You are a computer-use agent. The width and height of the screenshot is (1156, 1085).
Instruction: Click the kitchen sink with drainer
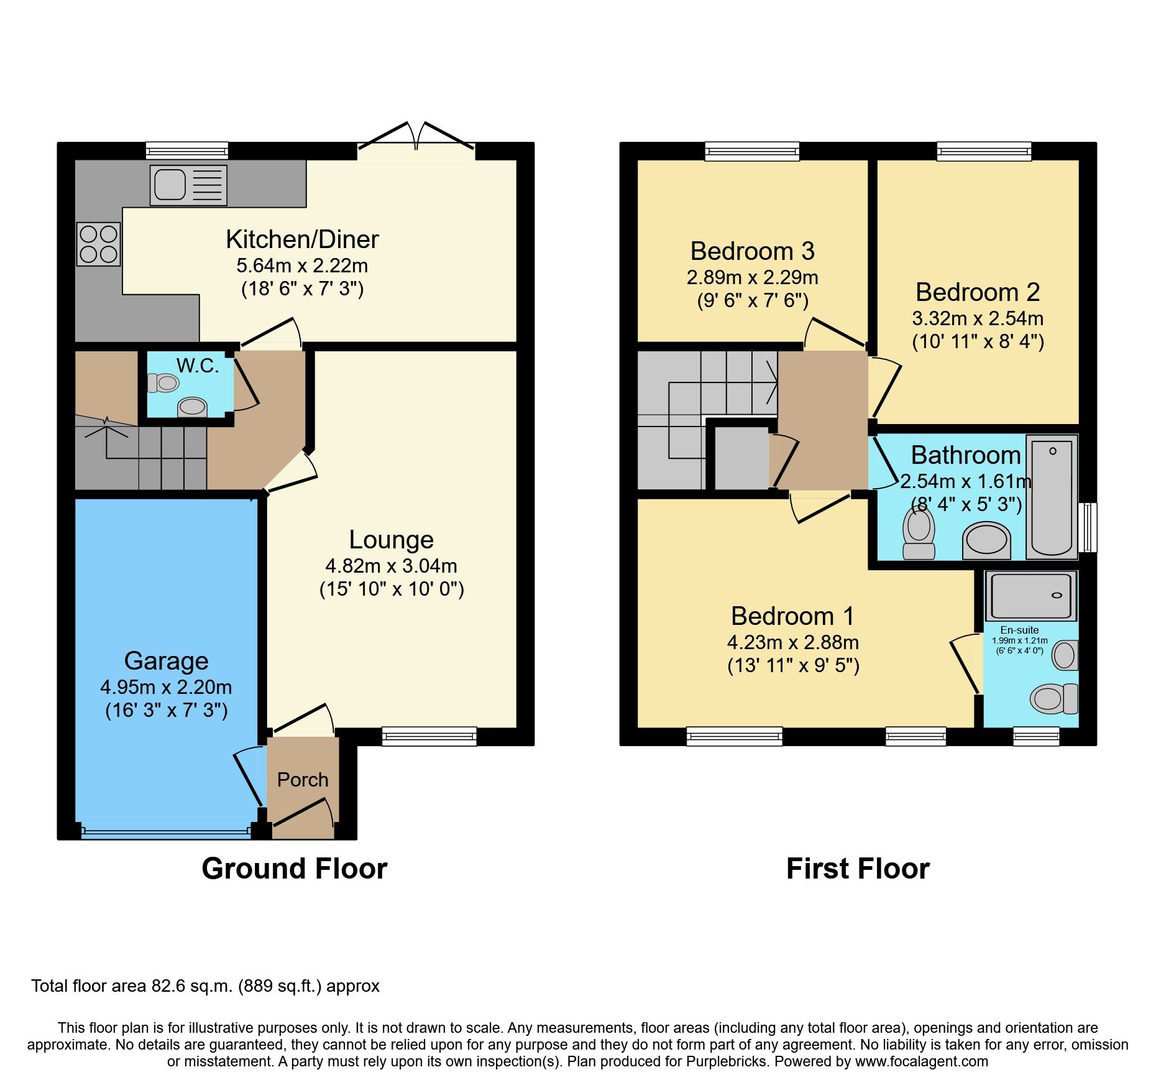tap(188, 185)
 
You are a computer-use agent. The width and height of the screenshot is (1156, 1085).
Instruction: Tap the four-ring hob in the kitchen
tap(99, 244)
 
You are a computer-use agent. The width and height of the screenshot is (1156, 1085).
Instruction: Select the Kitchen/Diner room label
tap(302, 239)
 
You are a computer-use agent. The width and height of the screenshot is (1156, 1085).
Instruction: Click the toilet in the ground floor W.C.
tap(163, 383)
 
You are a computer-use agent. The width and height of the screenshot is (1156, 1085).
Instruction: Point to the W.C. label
tap(198, 366)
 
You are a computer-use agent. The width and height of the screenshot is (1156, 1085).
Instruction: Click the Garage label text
tap(166, 661)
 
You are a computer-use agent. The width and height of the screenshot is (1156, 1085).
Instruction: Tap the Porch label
tap(302, 780)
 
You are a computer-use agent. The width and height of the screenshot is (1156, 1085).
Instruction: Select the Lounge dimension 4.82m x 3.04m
tap(391, 566)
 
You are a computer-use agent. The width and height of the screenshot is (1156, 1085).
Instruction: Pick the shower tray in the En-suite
tap(1030, 596)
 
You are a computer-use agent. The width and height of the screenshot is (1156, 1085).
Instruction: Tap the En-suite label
tap(1019, 630)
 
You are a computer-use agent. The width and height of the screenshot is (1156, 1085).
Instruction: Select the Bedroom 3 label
tap(752, 251)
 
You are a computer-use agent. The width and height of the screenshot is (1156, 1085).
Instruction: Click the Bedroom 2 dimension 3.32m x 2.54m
tap(978, 318)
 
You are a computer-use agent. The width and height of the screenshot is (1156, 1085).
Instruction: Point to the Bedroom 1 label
tap(792, 616)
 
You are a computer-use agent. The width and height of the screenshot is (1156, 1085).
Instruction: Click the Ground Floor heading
tap(294, 869)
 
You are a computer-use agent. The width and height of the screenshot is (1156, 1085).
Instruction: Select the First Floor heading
tap(858, 869)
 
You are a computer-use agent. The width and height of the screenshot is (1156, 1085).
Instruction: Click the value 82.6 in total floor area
tap(165, 986)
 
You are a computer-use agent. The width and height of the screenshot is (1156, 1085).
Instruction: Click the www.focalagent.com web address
tap(921, 1061)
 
